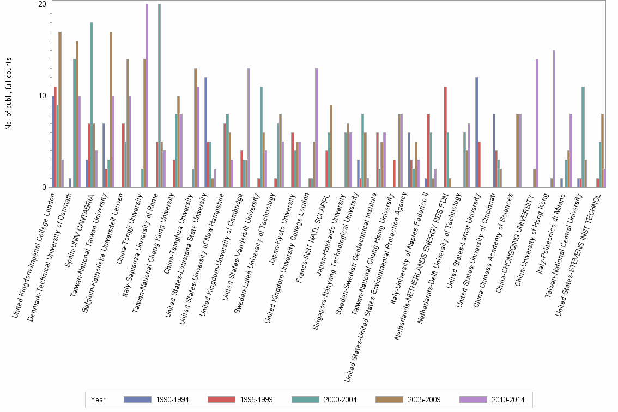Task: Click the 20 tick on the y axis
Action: (x=47, y=4)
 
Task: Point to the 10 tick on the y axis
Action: (x=47, y=96)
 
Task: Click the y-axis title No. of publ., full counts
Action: (x=9, y=96)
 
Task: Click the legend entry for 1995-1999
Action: (x=221, y=399)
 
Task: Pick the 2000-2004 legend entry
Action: (x=305, y=399)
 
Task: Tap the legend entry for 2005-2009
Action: (x=389, y=399)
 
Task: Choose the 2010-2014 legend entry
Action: (x=473, y=399)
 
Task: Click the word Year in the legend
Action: (x=98, y=399)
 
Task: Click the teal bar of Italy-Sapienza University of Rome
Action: (x=159, y=96)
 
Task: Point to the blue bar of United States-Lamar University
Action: (x=477, y=132)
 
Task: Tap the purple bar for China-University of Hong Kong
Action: (x=554, y=119)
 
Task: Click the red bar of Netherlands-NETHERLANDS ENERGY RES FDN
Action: (x=445, y=137)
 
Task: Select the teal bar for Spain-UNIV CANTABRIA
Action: (x=92, y=105)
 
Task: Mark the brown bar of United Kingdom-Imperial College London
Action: (x=60, y=110)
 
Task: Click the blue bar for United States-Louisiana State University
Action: (x=205, y=132)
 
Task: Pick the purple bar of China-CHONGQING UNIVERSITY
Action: (x=537, y=123)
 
